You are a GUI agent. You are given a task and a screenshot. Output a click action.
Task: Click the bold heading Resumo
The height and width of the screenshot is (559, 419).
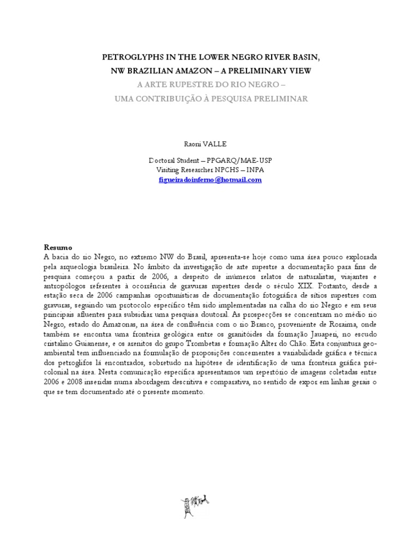click(57, 247)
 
